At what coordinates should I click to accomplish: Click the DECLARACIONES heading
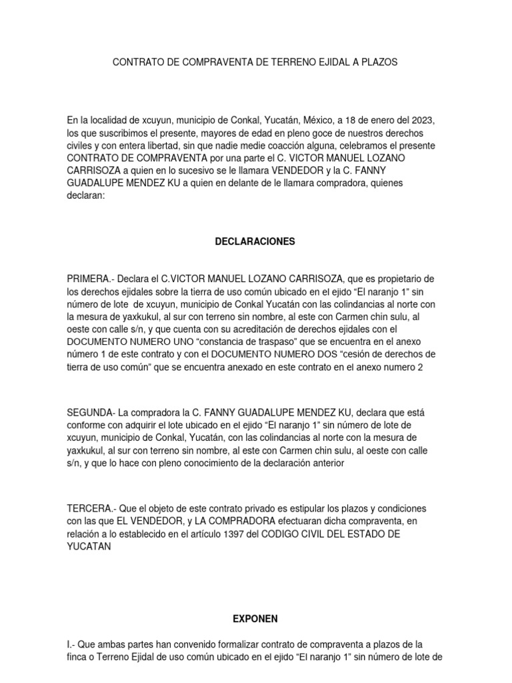point(256,241)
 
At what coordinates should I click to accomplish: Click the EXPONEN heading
point(255,619)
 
